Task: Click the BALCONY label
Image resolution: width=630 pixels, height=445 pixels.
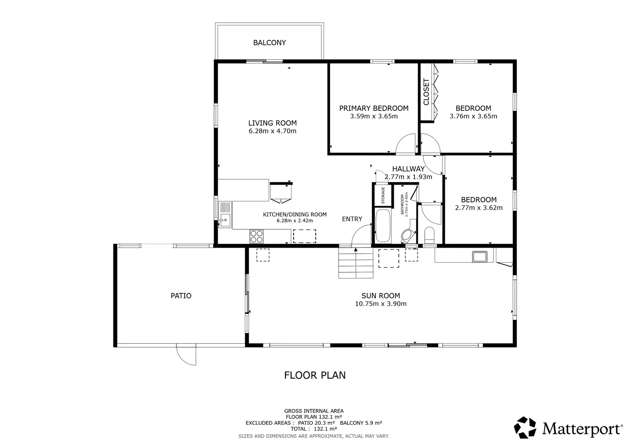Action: coord(269,42)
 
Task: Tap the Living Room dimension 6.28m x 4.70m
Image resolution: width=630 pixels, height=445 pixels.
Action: coord(272,131)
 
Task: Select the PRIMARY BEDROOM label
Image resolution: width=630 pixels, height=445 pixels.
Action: coord(374,108)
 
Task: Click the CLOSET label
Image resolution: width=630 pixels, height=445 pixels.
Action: coord(426,92)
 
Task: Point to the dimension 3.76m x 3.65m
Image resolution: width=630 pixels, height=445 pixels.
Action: coord(473,116)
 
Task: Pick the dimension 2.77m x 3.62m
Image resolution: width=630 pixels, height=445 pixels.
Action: coord(478,208)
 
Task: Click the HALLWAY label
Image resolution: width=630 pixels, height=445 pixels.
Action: coord(408,169)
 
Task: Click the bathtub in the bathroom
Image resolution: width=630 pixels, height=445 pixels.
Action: coord(383,226)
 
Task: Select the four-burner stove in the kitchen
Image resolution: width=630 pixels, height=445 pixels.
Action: coord(256,236)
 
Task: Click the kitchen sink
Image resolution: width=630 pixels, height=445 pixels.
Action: coord(225,220)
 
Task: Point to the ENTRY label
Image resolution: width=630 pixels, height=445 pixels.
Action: coord(352,219)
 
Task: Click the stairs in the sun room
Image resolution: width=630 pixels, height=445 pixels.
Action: coord(355,264)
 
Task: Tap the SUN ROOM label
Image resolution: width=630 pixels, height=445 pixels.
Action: coord(381,295)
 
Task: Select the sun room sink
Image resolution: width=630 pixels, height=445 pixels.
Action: coord(480,256)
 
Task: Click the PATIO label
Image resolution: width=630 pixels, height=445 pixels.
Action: coord(181,295)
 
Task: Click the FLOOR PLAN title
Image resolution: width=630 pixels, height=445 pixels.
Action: coord(315,375)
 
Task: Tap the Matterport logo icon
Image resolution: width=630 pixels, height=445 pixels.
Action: coord(525,428)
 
